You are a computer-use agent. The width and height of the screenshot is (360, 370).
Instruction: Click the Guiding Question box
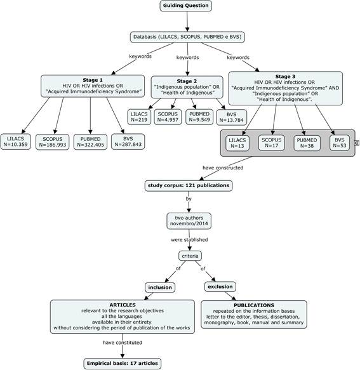pyautogui.click(x=186, y=6)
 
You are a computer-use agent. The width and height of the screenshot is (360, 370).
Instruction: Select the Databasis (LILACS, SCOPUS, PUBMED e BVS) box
pyautogui.click(x=187, y=37)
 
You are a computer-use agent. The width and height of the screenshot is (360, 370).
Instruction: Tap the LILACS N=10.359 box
pyautogui.click(x=16, y=142)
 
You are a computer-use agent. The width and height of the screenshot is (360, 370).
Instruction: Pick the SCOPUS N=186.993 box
pyautogui.click(x=53, y=142)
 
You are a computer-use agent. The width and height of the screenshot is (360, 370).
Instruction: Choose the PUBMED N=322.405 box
pyautogui.click(x=90, y=142)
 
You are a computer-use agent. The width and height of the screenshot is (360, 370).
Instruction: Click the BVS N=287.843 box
pyautogui.click(x=128, y=142)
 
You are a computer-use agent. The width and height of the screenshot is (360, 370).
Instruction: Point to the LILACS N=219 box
pyautogui.click(x=139, y=117)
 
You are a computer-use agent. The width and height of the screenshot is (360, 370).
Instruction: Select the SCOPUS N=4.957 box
pyautogui.click(x=168, y=117)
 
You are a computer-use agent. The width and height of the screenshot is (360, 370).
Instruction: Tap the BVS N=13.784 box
pyautogui.click(x=231, y=117)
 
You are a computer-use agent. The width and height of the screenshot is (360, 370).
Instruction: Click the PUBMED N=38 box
pyautogui.click(x=307, y=143)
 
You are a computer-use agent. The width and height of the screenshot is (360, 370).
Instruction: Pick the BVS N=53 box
pyautogui.click(x=340, y=143)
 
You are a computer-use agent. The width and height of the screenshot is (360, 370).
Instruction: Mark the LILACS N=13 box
pyautogui.click(x=237, y=143)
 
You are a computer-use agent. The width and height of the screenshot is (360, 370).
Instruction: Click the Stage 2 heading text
pyautogui.click(x=187, y=81)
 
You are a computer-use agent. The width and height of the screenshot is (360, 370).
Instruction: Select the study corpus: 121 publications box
pyautogui.click(x=189, y=185)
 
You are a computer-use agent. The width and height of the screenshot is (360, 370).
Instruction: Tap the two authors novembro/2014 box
pyautogui.click(x=189, y=221)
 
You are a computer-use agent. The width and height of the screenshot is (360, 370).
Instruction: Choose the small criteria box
pyautogui.click(x=190, y=256)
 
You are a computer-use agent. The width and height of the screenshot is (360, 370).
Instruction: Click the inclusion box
pyautogui.click(x=160, y=287)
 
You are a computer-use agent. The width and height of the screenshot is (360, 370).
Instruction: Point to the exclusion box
pyautogui.click(x=220, y=287)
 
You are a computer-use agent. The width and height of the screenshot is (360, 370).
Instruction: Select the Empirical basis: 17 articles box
pyautogui.click(x=123, y=364)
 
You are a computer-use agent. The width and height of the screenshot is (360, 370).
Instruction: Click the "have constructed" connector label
pyautogui.click(x=223, y=168)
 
